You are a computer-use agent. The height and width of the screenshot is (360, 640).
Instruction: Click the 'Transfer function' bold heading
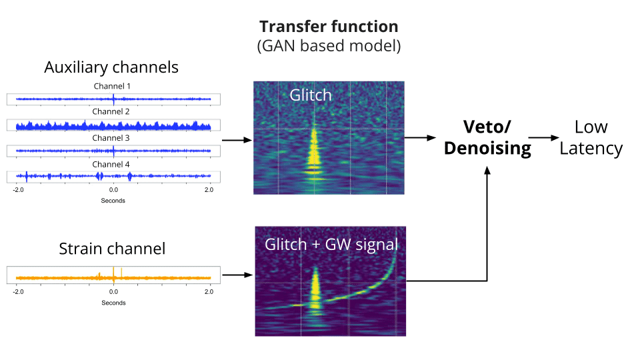(x=329, y=27)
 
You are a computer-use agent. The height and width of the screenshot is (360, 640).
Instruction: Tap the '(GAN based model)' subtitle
(x=329, y=46)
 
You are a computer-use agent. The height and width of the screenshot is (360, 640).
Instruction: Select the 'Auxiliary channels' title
(x=111, y=67)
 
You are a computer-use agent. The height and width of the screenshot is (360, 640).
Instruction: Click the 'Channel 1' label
(x=112, y=86)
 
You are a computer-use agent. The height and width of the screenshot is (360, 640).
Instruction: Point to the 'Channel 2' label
(x=111, y=111)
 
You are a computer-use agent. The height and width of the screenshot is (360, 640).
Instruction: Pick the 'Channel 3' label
(x=111, y=138)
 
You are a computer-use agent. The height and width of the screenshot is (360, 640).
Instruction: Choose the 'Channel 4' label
(x=111, y=165)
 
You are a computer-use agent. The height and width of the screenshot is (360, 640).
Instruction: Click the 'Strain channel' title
(x=112, y=249)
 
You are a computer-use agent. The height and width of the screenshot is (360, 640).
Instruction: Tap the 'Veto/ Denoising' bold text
(x=487, y=137)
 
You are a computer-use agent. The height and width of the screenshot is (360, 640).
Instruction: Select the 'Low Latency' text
(x=591, y=137)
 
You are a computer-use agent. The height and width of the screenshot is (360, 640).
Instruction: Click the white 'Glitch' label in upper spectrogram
(x=311, y=95)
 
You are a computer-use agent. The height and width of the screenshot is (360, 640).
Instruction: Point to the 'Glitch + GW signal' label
(x=331, y=245)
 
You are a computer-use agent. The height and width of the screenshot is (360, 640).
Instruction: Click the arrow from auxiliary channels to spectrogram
(x=237, y=140)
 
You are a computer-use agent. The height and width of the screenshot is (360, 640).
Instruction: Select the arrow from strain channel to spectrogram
(x=237, y=275)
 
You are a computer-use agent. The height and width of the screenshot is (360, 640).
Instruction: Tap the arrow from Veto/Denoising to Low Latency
(x=544, y=137)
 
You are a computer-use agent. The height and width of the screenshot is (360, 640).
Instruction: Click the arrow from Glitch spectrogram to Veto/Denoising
(x=421, y=137)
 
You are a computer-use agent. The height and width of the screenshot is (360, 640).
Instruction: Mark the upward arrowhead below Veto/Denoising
(x=487, y=171)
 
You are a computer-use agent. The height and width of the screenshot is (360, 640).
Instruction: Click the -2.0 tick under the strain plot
(x=19, y=292)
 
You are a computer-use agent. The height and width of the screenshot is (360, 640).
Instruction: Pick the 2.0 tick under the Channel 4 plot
(x=209, y=190)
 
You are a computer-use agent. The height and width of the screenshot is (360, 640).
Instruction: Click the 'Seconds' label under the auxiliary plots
(x=113, y=201)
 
